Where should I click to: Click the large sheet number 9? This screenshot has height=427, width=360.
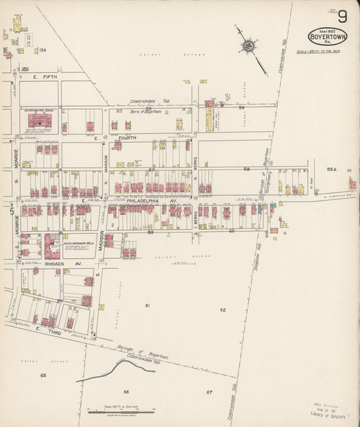pyautogui.click(x=343, y=16)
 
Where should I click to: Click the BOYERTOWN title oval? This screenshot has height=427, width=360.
pyautogui.click(x=328, y=36)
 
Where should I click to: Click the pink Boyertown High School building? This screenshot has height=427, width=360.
pyautogui.click(x=40, y=121)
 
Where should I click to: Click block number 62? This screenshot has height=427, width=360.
pyautogui.click(x=222, y=310)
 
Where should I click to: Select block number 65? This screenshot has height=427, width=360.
pyautogui.click(x=43, y=374)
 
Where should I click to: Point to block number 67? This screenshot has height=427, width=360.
pyautogui.click(x=209, y=392)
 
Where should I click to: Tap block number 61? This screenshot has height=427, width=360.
pyautogui.click(x=147, y=306)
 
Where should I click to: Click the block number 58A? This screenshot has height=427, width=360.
pyautogui.click(x=330, y=170)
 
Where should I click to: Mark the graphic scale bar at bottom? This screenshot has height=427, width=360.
pyautogui.click(x=121, y=410)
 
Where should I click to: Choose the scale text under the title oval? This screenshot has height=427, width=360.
pyautogui.click(x=328, y=51)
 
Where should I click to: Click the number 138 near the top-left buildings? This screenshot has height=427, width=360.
pyautogui.click(x=42, y=50)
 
